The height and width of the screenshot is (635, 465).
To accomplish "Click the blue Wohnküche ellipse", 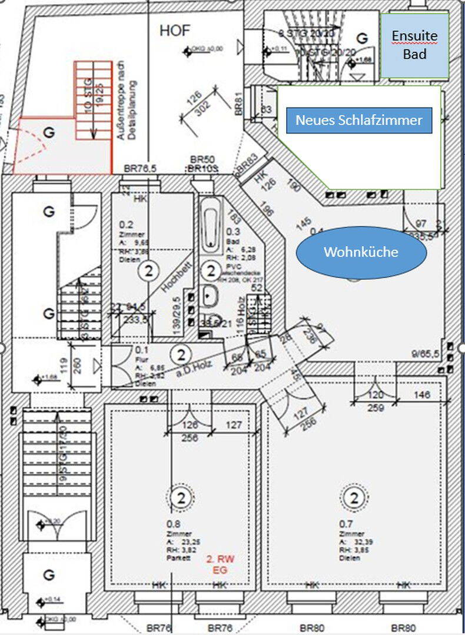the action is point(361,252).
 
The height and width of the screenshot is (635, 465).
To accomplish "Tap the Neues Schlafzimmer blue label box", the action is point(359,120).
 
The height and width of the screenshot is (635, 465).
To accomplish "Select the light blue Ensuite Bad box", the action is point(415,45).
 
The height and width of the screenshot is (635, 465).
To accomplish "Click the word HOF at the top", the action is point(175,31).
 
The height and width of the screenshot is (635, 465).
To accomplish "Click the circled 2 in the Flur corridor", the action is point(181,355).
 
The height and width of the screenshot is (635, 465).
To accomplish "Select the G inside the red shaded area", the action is point(49,133).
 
